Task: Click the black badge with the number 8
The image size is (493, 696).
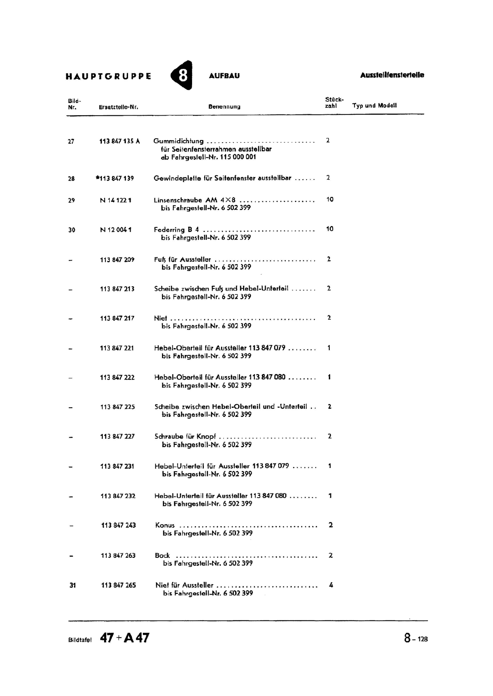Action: click(x=182, y=75)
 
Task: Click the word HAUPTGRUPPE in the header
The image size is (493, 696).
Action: click(x=108, y=76)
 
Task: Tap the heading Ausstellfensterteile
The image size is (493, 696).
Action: click(x=392, y=75)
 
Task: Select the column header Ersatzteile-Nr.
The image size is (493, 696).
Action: click(x=118, y=107)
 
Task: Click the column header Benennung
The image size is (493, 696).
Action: click(x=224, y=107)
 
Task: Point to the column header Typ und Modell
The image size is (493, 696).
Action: click(x=375, y=106)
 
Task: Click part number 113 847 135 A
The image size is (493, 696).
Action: click(x=120, y=141)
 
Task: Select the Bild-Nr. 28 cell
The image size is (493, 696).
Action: click(x=71, y=178)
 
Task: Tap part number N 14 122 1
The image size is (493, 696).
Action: click(x=116, y=200)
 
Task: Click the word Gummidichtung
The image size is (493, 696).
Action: click(x=179, y=141)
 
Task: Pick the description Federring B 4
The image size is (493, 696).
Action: click(x=176, y=230)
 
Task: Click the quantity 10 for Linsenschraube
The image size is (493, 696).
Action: click(x=330, y=199)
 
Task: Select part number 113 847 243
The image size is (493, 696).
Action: click(x=118, y=525)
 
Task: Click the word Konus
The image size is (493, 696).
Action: click(x=165, y=525)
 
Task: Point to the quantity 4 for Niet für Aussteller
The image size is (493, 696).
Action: click(x=331, y=585)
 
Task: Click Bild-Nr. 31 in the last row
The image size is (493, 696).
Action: click(x=73, y=586)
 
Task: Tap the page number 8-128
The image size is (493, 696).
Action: click(x=415, y=638)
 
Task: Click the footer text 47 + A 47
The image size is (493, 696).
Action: click(x=125, y=638)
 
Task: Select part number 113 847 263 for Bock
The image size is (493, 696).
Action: click(x=118, y=555)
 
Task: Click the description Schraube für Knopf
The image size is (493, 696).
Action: click(x=185, y=436)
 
